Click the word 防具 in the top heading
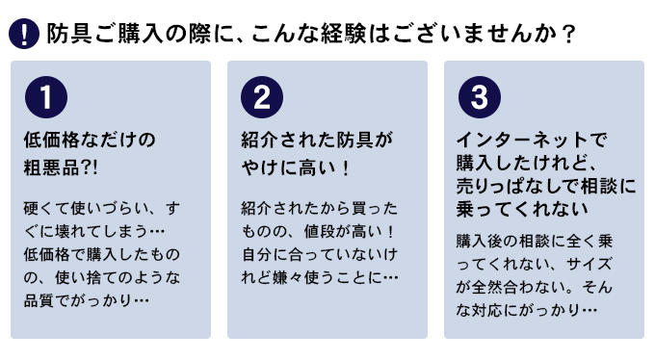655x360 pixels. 65,35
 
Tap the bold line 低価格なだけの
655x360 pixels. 89,141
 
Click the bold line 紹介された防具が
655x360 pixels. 317,141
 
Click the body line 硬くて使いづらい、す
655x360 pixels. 100,209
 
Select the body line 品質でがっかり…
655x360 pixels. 86,301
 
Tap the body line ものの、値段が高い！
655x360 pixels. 317,232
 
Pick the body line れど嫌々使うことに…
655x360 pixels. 319,278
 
